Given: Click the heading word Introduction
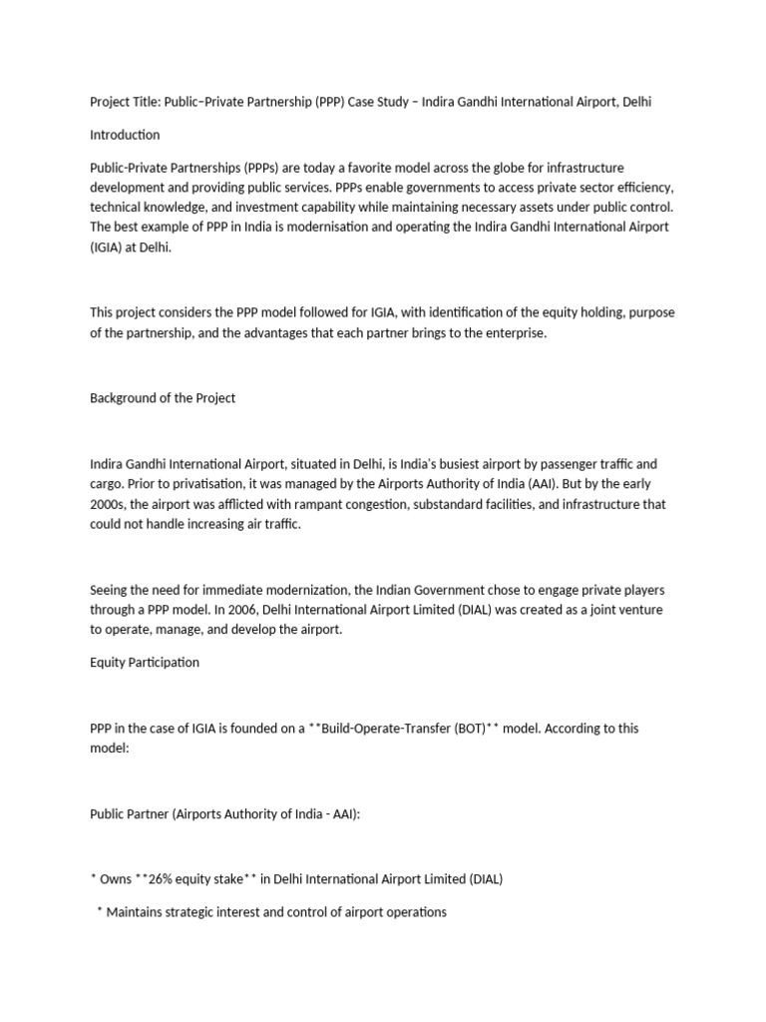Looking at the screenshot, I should click(125, 135).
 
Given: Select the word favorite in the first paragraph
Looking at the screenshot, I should click(316, 168).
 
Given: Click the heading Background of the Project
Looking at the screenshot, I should click(163, 398).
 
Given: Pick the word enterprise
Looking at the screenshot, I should click(513, 333).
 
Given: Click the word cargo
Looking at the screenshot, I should click(106, 484).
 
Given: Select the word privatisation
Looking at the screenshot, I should click(191, 484).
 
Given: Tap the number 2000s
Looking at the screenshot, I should click(108, 504).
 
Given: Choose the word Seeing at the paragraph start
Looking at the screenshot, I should click(110, 589).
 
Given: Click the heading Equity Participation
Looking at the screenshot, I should click(145, 662).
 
